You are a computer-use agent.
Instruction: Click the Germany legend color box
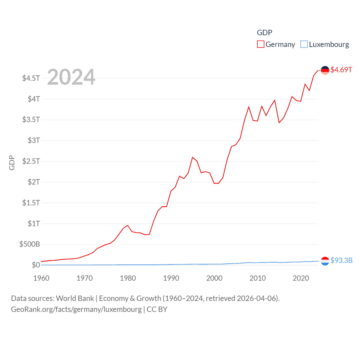click(261, 44)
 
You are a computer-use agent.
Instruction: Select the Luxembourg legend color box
click(304, 44)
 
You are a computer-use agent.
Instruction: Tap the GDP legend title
click(264, 33)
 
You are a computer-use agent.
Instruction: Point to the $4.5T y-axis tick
click(31, 78)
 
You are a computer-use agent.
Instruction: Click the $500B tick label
click(30, 244)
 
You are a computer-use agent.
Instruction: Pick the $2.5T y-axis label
click(31, 161)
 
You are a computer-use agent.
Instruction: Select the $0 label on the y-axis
click(36, 265)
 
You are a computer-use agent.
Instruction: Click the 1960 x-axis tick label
click(41, 278)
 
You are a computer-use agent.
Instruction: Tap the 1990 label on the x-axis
click(171, 278)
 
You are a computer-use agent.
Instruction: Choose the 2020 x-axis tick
click(301, 278)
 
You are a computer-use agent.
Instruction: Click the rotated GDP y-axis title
click(12, 163)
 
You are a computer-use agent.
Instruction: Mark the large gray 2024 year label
click(71, 77)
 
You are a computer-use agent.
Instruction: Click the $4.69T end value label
click(341, 70)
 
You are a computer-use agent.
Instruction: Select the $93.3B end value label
click(341, 260)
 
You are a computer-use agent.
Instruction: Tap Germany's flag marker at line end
click(325, 70)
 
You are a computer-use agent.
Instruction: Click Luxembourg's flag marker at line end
click(325, 261)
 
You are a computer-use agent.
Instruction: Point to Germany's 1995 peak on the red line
click(193, 157)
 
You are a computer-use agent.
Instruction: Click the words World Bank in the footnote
click(75, 298)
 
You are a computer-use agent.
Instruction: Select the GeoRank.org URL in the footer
click(76, 309)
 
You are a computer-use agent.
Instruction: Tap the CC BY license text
click(157, 309)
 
